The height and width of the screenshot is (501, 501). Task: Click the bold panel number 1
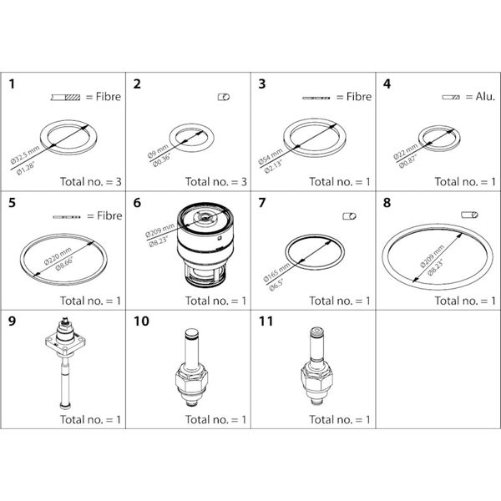(13, 83)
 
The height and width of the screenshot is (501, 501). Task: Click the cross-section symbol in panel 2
(223, 97)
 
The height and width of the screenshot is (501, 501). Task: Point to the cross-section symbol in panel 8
(468, 216)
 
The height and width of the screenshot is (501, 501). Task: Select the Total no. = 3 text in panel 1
(90, 180)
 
